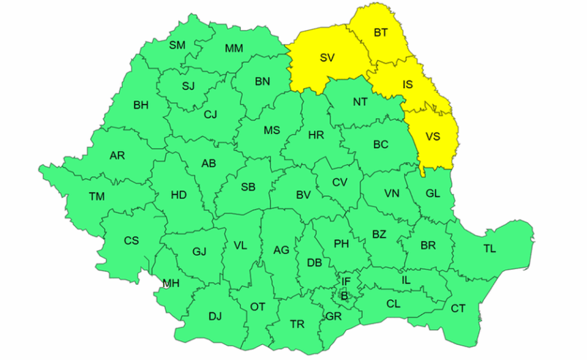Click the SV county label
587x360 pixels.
(327, 57)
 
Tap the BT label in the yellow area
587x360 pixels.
(382, 32)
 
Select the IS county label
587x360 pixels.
(407, 85)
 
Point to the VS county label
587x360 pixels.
(433, 137)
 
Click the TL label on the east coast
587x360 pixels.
(489, 249)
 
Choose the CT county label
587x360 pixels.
(458, 309)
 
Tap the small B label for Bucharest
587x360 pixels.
(345, 296)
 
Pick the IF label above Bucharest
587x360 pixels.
(346, 281)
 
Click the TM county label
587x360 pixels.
(97, 197)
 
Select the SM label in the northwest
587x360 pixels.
(177, 46)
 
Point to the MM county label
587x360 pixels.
(233, 49)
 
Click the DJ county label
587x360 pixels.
(215, 316)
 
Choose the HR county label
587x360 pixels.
(316, 135)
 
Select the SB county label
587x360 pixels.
(248, 187)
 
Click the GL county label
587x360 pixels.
(433, 193)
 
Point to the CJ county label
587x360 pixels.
(210, 114)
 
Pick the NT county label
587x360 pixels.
(360, 102)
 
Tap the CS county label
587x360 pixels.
(131, 240)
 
